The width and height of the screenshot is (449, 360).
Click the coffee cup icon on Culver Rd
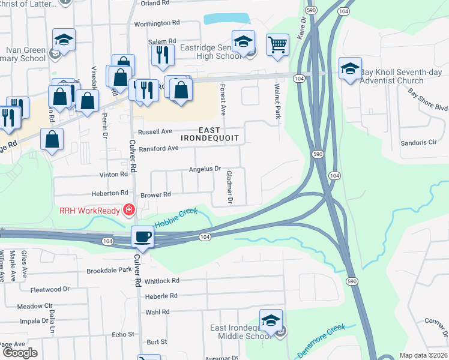tap(143, 236)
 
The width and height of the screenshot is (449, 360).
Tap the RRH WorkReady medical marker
tap(128, 210)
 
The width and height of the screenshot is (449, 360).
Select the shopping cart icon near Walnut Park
tap(277, 44)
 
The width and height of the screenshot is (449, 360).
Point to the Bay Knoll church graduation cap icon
tap(349, 68)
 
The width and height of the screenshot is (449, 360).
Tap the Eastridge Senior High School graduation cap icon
tap(243, 41)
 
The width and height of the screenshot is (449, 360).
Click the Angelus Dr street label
tap(205, 169)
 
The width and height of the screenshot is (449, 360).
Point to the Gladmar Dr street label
tap(229, 186)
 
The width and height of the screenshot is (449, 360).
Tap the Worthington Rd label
tap(157, 23)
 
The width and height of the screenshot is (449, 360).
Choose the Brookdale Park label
tap(109, 270)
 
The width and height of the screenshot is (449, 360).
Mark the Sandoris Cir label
tap(419, 143)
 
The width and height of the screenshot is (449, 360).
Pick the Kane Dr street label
tap(301, 28)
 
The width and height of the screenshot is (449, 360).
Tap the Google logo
tap(20, 353)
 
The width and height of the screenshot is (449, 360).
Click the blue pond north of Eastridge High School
tap(226, 19)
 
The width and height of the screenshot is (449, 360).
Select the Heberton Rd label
tap(110, 193)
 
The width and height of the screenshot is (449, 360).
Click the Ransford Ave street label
tap(158, 148)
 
